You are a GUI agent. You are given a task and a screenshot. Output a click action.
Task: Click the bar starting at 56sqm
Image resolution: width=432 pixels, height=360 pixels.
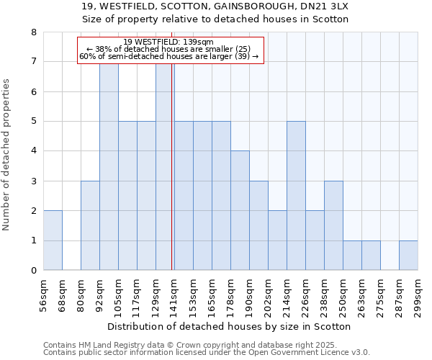[53, 240]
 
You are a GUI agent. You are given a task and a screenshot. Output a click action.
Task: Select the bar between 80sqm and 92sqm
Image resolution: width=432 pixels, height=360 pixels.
[90, 225]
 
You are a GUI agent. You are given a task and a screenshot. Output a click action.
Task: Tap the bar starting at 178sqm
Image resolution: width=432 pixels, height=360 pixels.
[240, 210]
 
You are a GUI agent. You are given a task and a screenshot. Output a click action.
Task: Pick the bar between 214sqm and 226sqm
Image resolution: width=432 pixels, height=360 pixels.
[296, 195]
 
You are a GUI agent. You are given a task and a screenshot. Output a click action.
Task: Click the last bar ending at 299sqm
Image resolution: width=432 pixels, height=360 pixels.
[408, 256]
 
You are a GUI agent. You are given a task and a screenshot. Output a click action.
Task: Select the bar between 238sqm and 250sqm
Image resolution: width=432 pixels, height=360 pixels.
[333, 225]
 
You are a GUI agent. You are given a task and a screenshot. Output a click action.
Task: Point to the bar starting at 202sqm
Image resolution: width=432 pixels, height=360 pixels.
[277, 240]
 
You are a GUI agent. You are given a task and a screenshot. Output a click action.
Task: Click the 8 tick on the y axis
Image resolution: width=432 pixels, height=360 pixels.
[33, 32]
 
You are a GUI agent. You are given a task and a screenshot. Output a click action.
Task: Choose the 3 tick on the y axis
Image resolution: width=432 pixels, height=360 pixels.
[33, 181]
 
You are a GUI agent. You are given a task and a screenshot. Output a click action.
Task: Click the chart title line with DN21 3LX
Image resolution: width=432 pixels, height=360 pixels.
[215, 6]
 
